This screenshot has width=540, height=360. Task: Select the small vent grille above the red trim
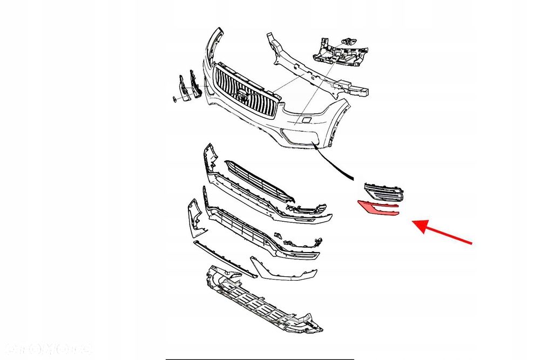[x=383, y=191]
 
